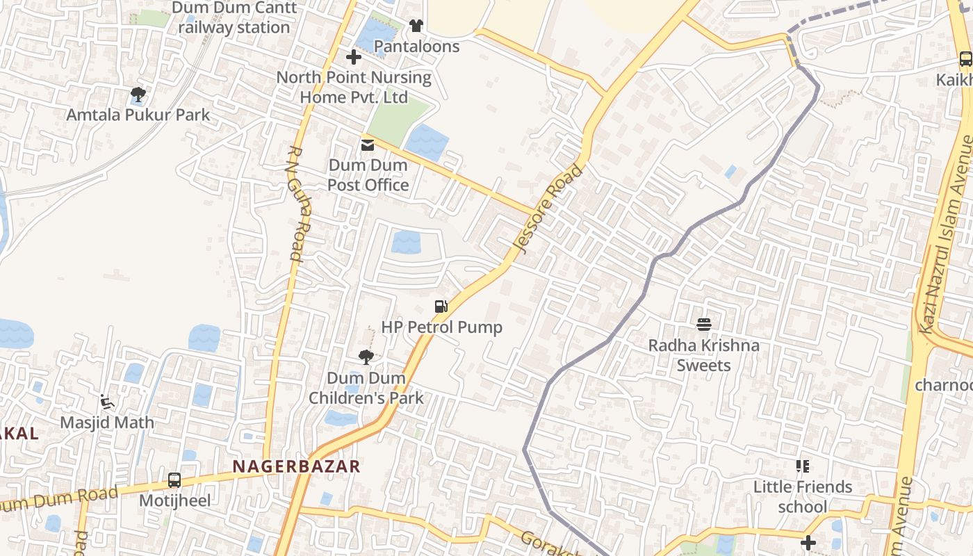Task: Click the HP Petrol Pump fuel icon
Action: click(441, 306)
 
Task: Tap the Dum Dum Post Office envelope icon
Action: click(367, 145)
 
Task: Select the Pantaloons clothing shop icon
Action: click(416, 26)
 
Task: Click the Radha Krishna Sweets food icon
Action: click(704, 324)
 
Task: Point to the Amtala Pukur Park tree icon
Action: click(138, 94)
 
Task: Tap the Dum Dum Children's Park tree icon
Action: click(366, 357)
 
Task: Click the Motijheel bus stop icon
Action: click(174, 480)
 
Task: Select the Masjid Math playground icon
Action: click(107, 402)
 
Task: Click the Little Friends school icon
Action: click(803, 466)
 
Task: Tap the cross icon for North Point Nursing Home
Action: click(354, 57)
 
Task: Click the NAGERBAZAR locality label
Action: click(297, 466)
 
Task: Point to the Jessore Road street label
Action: click(549, 209)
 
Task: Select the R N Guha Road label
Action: click(296, 203)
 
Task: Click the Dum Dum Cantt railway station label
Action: click(234, 18)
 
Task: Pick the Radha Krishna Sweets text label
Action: click(704, 355)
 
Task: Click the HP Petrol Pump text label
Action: click(441, 327)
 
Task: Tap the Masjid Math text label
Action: click(107, 423)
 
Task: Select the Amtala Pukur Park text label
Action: click(138, 115)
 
